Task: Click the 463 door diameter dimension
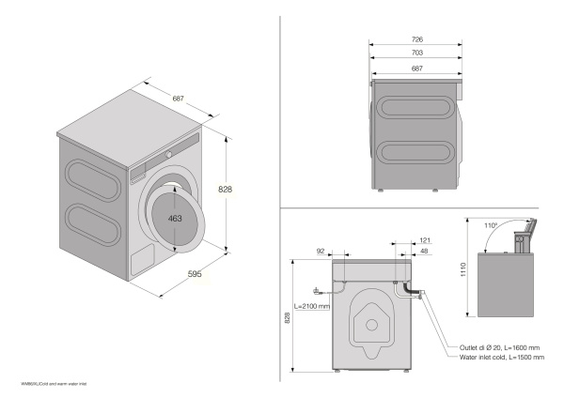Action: point(175,218)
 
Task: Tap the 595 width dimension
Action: point(196,275)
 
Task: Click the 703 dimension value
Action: point(415,54)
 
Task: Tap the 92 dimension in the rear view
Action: point(323,252)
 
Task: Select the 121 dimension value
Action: point(425,241)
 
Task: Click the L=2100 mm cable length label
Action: point(312,307)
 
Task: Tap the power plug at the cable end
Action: point(320,291)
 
